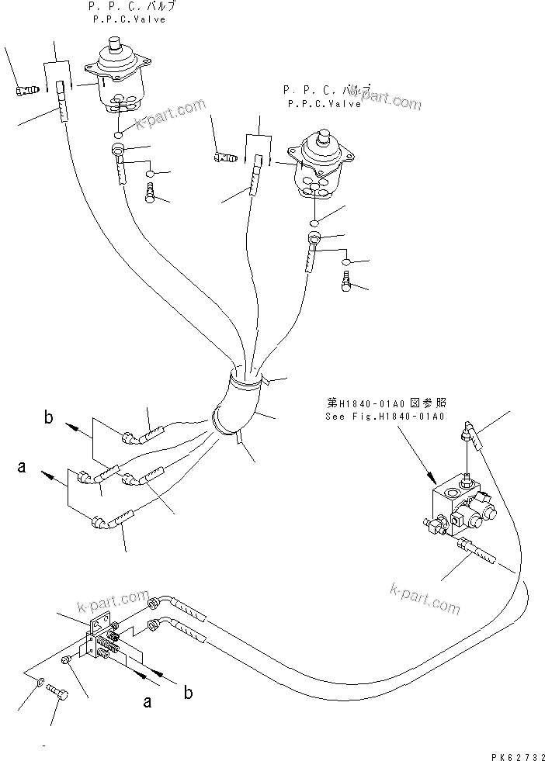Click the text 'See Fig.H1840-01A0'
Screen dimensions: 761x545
pyautogui.click(x=385, y=417)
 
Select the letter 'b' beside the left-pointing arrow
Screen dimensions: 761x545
pyautogui.click(x=48, y=419)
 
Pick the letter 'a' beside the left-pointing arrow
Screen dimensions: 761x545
pyautogui.click(x=22, y=468)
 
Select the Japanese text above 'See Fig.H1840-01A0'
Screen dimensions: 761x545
pyautogui.click(x=385, y=403)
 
